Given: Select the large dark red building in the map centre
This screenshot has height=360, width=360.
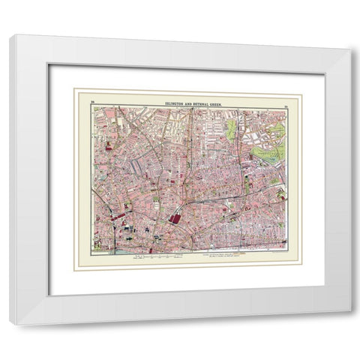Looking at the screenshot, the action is [176, 219].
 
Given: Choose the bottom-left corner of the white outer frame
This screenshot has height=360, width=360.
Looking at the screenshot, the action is [11, 324].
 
